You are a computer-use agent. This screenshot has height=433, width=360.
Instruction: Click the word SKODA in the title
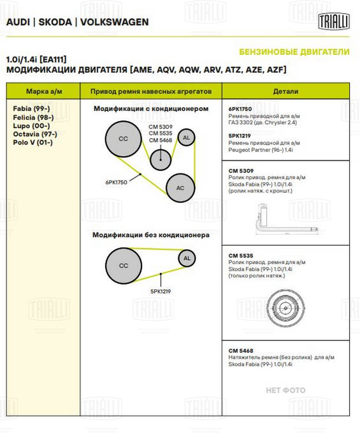(55, 22)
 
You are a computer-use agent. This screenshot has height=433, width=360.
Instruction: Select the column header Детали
(286, 91)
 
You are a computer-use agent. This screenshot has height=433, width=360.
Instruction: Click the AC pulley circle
(180, 188)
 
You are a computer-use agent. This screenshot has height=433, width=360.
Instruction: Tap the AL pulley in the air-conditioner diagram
(186, 138)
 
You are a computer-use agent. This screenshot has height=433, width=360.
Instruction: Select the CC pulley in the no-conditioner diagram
(123, 265)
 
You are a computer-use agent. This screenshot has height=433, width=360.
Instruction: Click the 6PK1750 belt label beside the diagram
(116, 182)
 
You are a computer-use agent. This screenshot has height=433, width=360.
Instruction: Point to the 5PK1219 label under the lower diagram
(160, 291)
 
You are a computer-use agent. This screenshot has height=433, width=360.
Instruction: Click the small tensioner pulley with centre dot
(161, 160)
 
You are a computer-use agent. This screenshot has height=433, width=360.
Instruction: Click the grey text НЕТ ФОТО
(286, 390)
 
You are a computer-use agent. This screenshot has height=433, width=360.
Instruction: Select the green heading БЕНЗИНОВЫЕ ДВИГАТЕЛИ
(294, 52)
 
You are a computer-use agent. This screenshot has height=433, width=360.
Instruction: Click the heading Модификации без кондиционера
(151, 235)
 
